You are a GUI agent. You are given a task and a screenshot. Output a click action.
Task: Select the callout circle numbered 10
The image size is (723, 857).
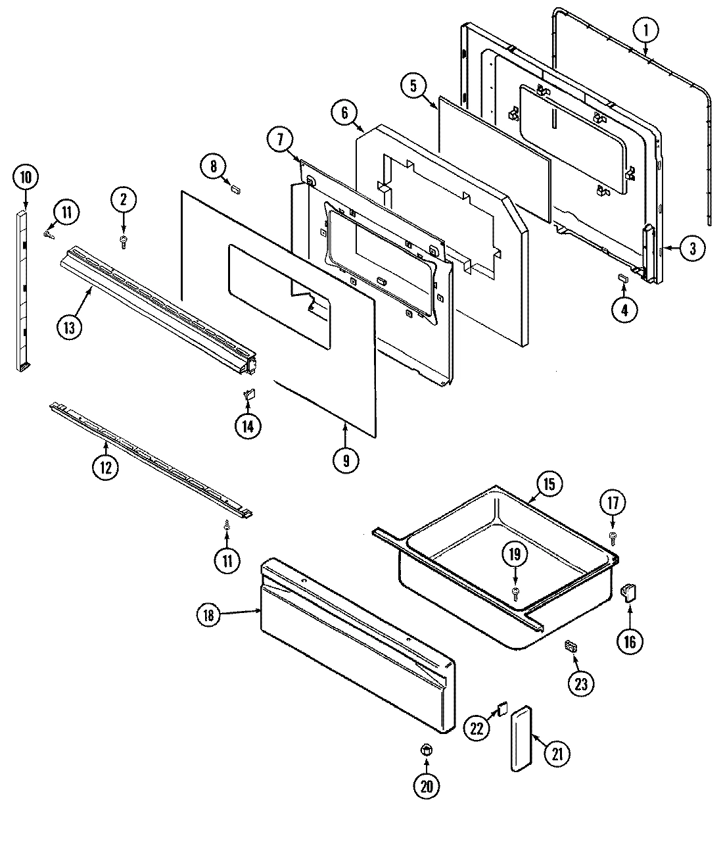(x=26, y=178)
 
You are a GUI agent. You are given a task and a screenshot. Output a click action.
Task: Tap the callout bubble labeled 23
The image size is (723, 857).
(x=580, y=683)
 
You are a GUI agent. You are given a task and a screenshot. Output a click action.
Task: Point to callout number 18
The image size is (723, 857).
(x=208, y=616)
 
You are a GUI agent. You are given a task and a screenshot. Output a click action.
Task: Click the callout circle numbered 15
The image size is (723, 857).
(x=549, y=485)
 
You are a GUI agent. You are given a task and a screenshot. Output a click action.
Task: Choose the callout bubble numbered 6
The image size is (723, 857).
(x=344, y=112)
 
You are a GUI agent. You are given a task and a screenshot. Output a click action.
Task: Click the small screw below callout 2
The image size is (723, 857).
(x=123, y=243)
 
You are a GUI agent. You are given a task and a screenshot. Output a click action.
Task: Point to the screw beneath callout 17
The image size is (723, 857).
(x=613, y=538)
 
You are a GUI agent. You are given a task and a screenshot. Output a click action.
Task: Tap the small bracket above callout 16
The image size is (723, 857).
(x=629, y=593)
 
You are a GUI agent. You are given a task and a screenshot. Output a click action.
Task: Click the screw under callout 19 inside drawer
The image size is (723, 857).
(x=515, y=594)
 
